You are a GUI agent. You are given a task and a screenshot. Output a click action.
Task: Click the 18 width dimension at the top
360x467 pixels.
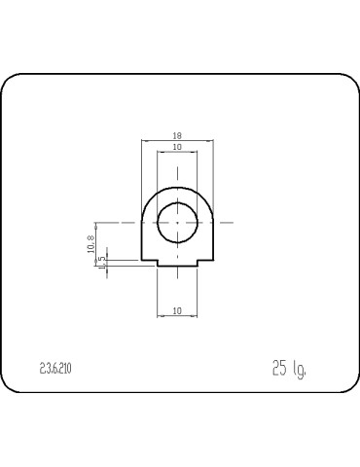pyautogui.click(x=177, y=137)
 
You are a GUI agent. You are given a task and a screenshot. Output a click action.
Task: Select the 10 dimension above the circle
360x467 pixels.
pyautogui.click(x=177, y=147)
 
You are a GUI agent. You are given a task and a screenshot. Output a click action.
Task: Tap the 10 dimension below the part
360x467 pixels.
pyautogui.click(x=177, y=310)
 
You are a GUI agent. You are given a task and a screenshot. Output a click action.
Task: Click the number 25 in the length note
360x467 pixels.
pyautogui.click(x=279, y=368)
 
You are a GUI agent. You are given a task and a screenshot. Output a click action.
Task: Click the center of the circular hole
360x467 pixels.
pyautogui.click(x=177, y=221)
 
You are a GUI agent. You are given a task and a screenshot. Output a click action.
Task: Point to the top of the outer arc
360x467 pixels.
pyautogui.click(x=177, y=187)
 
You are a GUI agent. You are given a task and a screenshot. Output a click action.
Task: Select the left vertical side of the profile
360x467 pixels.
pyautogui.click(x=142, y=243)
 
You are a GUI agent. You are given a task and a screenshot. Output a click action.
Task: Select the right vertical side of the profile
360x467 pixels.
pyautogui.click(x=213, y=243)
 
